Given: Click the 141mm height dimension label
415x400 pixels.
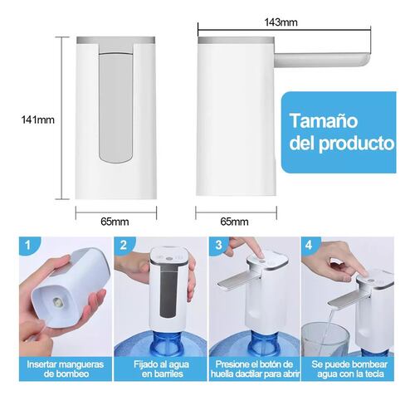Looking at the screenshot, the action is pos(38,120).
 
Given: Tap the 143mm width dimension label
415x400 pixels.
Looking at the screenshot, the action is pos(281,22).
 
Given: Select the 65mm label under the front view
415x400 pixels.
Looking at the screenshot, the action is pos(115,222).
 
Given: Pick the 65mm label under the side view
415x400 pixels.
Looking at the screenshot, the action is pos(234,222).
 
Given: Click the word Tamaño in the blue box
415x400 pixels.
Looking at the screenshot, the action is pos(324,120).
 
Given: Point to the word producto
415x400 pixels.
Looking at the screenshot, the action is pos(357,144).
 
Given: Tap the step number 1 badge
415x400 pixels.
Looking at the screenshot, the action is pos(27,245).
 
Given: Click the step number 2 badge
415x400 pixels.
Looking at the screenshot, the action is pos(124,245).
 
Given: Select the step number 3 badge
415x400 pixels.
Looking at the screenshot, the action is pos(218,245).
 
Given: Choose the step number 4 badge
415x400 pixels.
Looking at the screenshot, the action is pos(309,245).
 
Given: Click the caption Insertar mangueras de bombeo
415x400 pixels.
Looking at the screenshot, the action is pos(66,369).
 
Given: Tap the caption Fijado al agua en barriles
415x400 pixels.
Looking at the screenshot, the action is pos(162,369).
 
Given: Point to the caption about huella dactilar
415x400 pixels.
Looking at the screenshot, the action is pos(255,369).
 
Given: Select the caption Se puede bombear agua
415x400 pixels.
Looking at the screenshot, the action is pos(349,369).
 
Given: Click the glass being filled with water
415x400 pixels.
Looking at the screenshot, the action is pos(325,340).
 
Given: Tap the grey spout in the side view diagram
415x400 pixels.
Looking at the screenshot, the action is pos(322,61).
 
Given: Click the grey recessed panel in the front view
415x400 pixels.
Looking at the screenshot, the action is pos(116,106).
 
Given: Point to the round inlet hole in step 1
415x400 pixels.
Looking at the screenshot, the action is pos(59,301).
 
